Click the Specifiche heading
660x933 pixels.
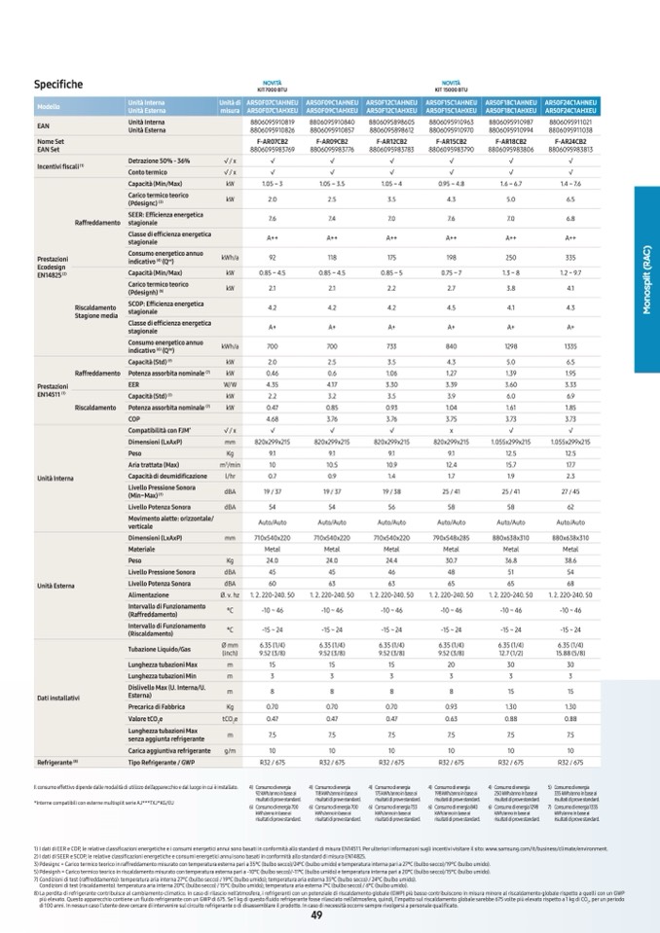pyautogui.click(x=58, y=85)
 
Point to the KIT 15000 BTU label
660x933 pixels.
pyautogui.click(x=451, y=85)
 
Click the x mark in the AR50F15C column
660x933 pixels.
pyautogui.click(x=451, y=430)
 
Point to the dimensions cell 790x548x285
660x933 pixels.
pyautogui.click(x=451, y=538)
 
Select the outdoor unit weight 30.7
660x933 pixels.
pyautogui.click(x=451, y=560)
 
